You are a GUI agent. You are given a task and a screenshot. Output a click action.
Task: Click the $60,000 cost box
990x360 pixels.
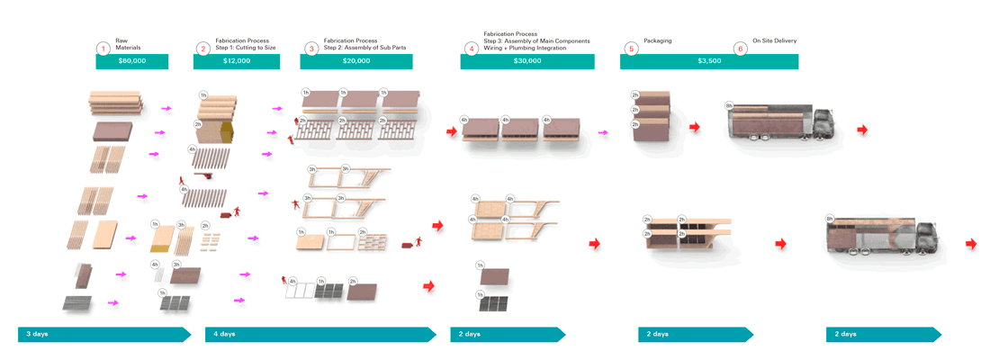click(132, 61)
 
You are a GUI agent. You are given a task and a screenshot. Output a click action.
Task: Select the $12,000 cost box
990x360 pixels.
click(237, 61)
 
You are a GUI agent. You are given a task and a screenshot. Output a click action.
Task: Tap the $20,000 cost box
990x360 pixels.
click(355, 61)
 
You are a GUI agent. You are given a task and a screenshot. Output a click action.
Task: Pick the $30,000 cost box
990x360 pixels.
click(526, 61)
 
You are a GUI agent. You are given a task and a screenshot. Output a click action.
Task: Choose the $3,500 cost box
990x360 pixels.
click(708, 61)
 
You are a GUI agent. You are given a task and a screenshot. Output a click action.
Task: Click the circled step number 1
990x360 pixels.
click(104, 49)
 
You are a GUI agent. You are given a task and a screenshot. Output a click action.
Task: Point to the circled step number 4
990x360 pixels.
click(471, 49)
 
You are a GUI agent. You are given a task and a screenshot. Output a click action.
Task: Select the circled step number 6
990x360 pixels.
click(741, 49)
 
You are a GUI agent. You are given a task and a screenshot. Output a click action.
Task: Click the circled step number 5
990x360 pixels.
click(631, 49)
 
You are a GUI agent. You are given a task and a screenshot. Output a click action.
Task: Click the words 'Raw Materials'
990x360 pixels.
click(128, 44)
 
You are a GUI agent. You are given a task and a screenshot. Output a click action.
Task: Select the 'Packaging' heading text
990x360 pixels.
click(658, 40)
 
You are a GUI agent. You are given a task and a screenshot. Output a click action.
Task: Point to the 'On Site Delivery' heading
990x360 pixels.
click(773, 40)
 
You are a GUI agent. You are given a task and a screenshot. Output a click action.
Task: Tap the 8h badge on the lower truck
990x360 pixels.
click(829, 218)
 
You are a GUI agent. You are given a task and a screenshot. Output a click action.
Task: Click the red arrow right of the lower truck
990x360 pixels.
click(971, 244)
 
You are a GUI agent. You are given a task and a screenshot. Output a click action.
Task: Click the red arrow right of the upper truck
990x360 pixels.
click(862, 130)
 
